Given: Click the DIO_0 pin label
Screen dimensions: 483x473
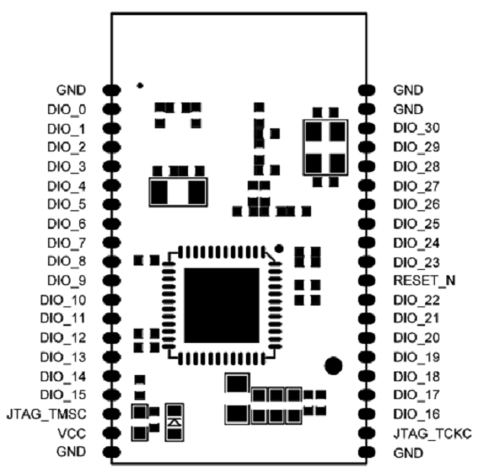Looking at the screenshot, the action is (67, 110).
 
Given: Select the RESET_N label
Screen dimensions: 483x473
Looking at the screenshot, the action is (424, 281).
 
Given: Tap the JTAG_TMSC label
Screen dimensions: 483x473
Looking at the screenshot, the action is (46, 414).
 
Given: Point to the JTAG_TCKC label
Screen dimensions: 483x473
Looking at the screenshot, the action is (432, 434).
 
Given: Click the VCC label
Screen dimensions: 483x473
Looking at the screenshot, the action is (72, 434).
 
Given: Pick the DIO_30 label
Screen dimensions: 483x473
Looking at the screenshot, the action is (416, 128).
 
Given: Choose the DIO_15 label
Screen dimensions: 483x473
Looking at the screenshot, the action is (63, 395).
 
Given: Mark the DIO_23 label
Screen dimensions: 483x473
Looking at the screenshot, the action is (416, 263).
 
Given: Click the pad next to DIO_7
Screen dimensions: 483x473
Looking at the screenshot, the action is (111, 242).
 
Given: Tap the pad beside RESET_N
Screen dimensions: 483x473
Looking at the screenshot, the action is (366, 281).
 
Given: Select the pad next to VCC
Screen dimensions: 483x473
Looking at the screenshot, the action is (111, 433).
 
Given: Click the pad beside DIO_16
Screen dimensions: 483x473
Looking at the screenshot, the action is (366, 414).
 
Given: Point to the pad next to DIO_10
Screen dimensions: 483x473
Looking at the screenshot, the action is (111, 299).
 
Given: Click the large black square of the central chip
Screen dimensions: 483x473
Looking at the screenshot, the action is (222, 306).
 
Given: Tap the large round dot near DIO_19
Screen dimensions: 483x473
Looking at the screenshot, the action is (333, 366).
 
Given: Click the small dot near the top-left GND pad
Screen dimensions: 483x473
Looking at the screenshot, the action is (140, 86).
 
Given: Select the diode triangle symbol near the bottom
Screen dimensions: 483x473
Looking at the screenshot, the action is (175, 422).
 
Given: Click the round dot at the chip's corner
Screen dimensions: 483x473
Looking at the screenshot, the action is (279, 249).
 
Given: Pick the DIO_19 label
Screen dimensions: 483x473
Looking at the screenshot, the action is (416, 357).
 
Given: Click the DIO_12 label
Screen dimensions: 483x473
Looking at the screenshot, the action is (63, 338).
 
